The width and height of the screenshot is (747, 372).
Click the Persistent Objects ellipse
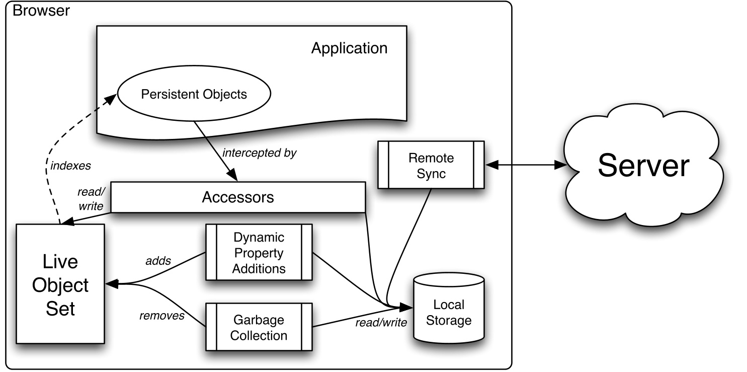pyautogui.click(x=194, y=94)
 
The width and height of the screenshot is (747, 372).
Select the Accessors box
pyautogui.click(x=237, y=197)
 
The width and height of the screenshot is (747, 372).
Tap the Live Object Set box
pyautogui.click(x=60, y=284)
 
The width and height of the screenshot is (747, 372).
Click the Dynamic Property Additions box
pyautogui.click(x=259, y=252)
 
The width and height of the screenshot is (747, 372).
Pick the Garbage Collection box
pyautogui.click(x=259, y=327)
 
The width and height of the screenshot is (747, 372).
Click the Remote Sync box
pyautogui.click(x=431, y=165)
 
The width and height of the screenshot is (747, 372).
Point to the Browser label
pyautogui.click(x=41, y=11)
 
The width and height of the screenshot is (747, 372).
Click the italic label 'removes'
pyautogui.click(x=161, y=316)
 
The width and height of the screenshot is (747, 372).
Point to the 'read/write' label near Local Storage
pyautogui.click(x=381, y=323)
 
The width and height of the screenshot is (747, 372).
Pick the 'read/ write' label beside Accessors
pyautogui.click(x=90, y=199)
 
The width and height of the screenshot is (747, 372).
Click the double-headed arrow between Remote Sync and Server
pyautogui.click(x=523, y=165)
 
